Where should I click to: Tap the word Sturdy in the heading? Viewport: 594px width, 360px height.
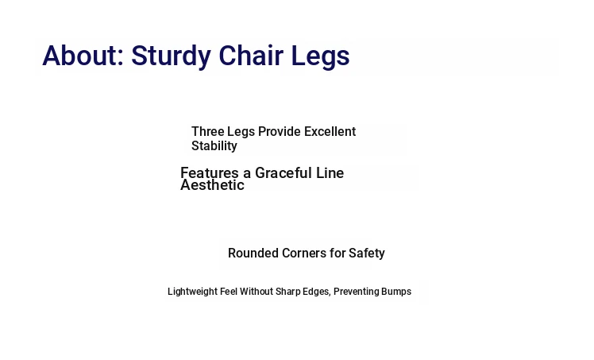pyautogui.click(x=172, y=57)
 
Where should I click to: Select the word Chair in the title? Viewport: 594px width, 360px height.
pyautogui.click(x=251, y=56)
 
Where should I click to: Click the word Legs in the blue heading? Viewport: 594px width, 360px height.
pyautogui.click(x=320, y=57)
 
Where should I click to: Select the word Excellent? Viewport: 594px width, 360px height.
pyautogui.click(x=330, y=131)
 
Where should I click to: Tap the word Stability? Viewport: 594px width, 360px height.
pyautogui.click(x=214, y=146)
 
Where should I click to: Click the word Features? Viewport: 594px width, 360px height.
pyautogui.click(x=210, y=172)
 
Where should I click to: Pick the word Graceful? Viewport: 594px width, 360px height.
pyautogui.click(x=283, y=173)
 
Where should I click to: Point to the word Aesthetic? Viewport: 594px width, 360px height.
pyautogui.click(x=212, y=185)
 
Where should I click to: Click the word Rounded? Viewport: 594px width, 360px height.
pyautogui.click(x=253, y=253)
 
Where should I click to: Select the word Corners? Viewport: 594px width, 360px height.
pyautogui.click(x=304, y=253)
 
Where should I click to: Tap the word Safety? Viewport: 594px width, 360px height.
pyautogui.click(x=367, y=254)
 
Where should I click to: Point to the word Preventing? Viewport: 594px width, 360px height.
pyautogui.click(x=356, y=292)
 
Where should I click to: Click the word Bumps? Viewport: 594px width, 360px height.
pyautogui.click(x=396, y=292)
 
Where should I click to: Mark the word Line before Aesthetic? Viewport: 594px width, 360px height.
pyautogui.click(x=330, y=172)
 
